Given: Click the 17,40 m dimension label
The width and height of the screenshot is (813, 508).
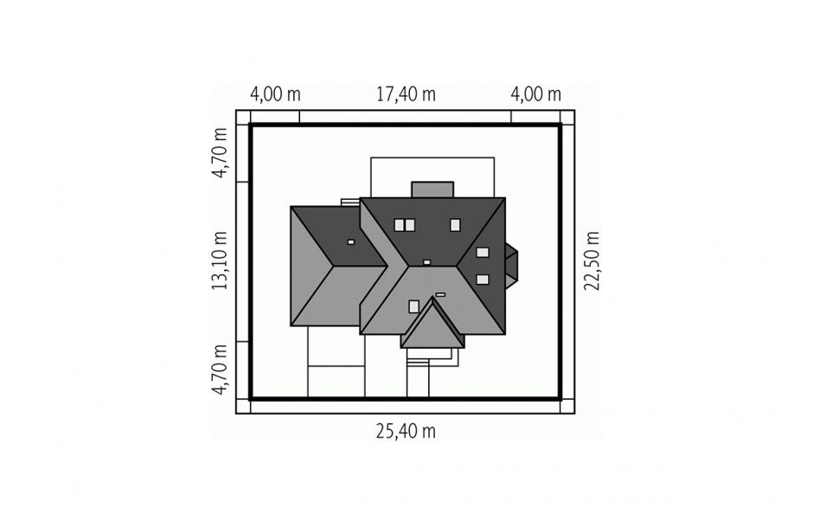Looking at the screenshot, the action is click(406, 94).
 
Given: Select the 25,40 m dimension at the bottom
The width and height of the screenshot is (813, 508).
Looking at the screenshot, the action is click(406, 431).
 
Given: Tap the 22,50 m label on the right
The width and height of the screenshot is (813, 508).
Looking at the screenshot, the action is click(592, 261).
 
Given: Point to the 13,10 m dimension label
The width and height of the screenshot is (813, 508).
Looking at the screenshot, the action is click(220, 260).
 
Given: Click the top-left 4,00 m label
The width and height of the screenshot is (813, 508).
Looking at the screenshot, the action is click(275, 94).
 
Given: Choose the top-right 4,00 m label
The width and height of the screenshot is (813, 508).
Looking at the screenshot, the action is click(535, 94).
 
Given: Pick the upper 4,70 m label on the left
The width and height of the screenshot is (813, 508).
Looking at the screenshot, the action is click(220, 152).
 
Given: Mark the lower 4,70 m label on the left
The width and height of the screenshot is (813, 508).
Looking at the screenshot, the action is click(220, 370).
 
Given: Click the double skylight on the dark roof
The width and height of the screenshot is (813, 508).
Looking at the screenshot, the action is click(405, 225).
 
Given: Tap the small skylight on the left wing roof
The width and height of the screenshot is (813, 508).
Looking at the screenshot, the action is click(351, 241).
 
